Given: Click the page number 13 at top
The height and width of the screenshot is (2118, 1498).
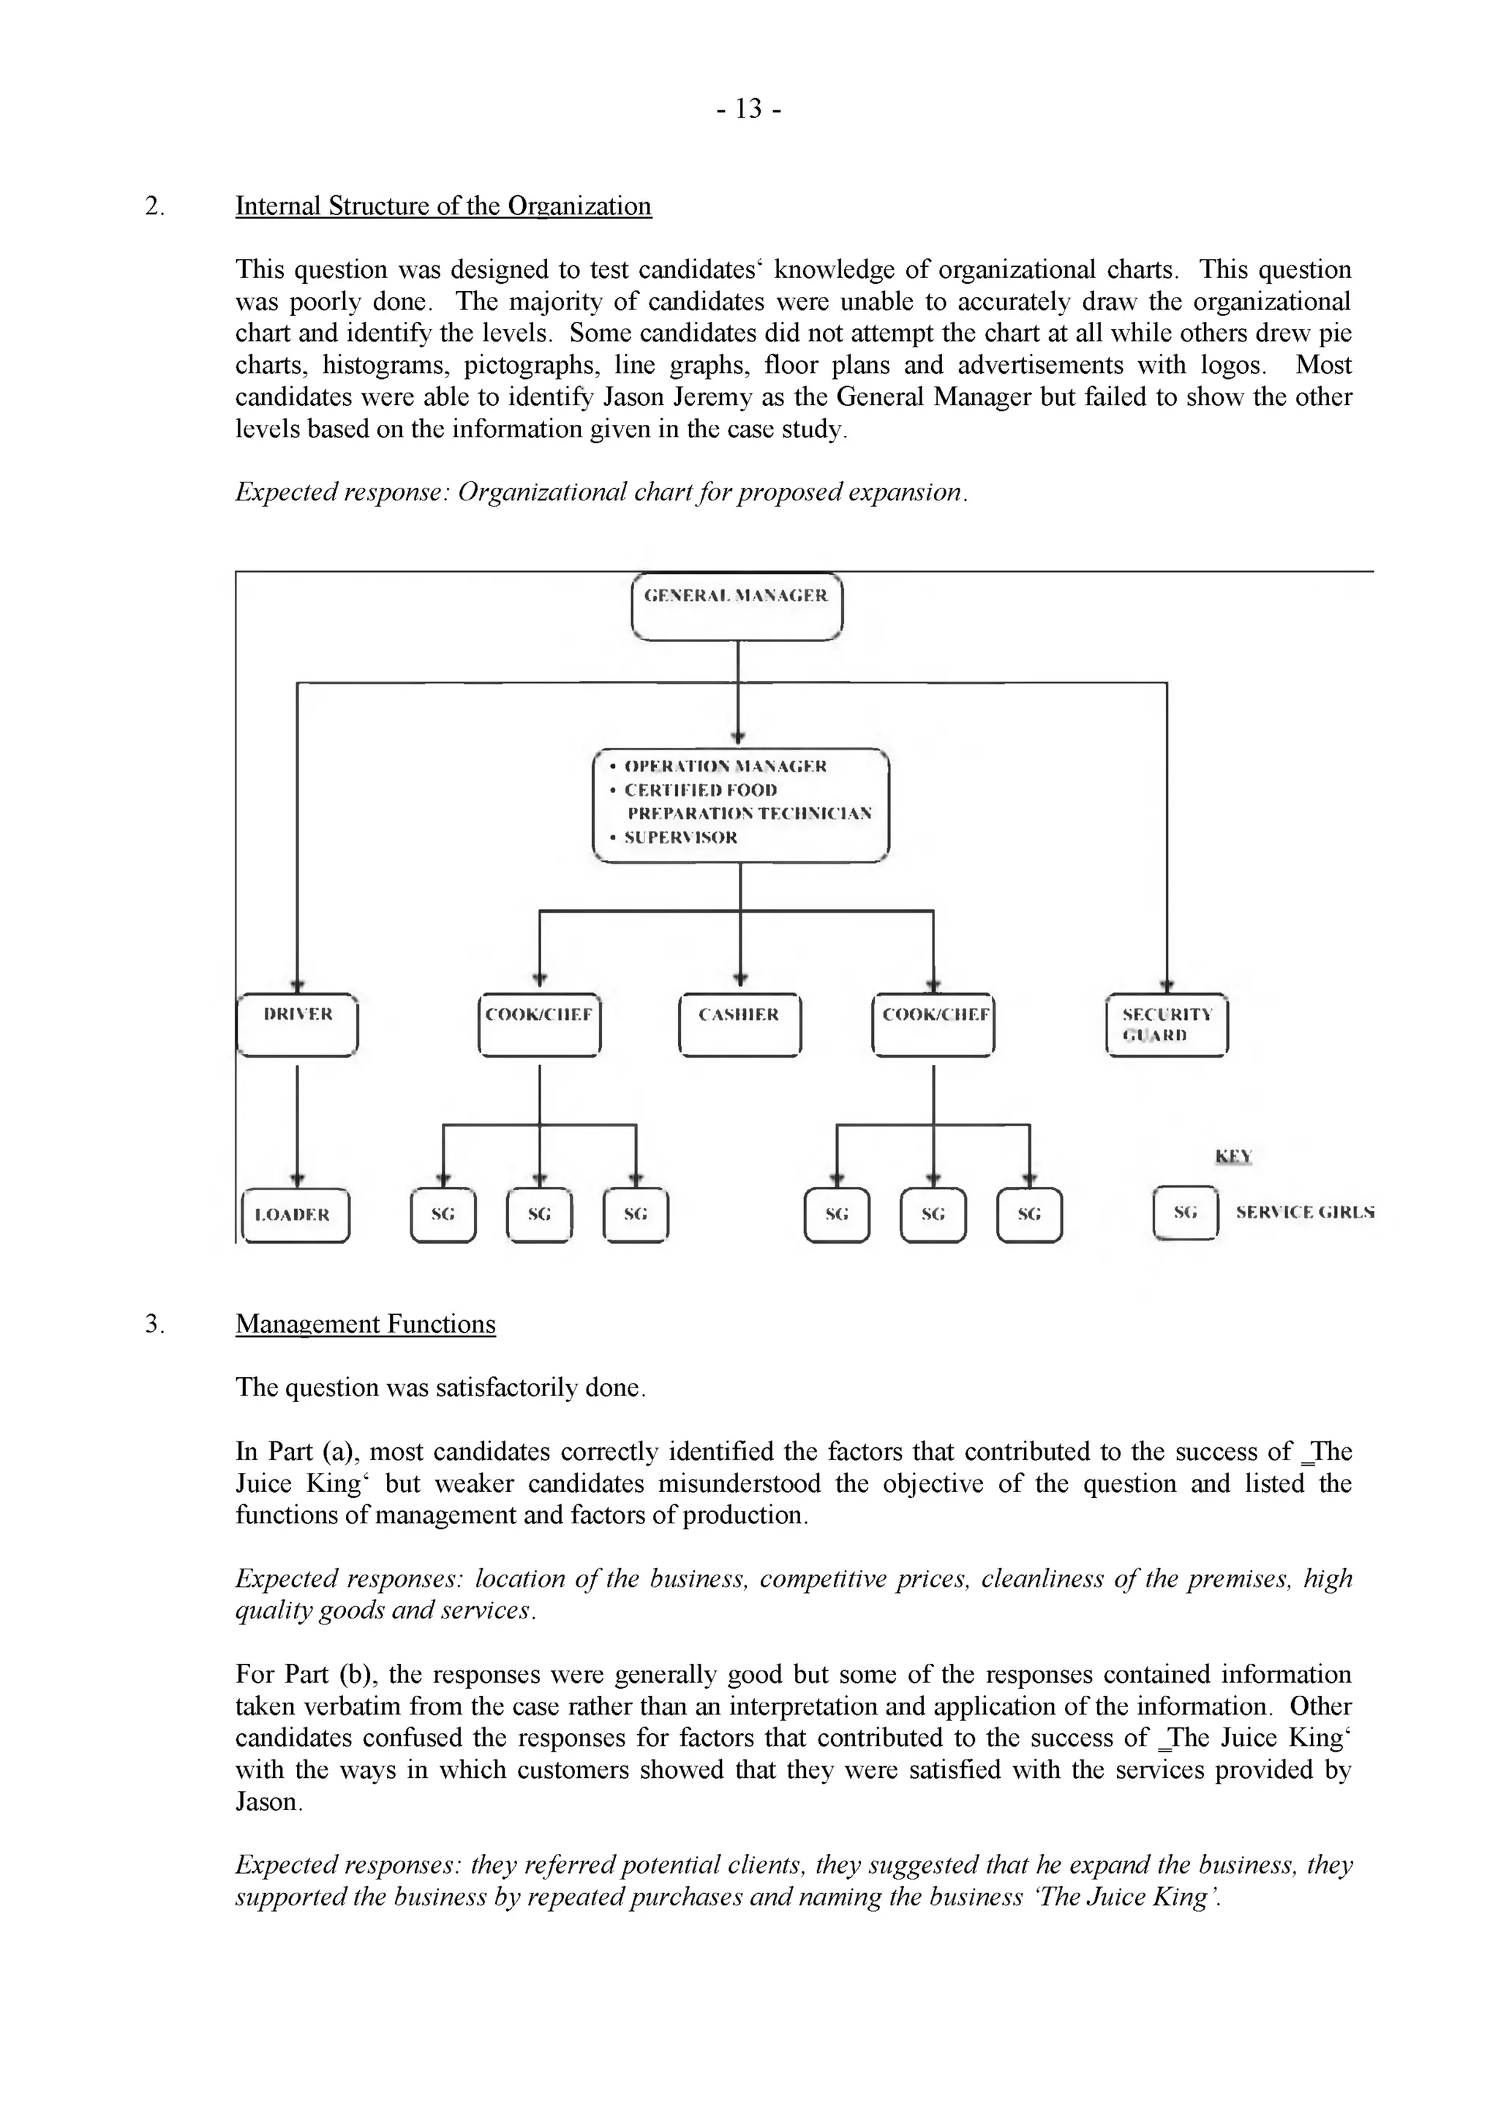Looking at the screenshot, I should click(749, 110).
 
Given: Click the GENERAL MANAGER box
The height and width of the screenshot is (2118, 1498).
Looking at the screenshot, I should click(737, 606).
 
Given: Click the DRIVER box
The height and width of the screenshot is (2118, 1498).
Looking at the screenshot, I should click(297, 1024).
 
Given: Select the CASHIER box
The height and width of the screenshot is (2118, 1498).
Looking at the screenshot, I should click(739, 1024).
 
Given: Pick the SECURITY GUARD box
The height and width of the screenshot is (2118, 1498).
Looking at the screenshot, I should click(1167, 1024).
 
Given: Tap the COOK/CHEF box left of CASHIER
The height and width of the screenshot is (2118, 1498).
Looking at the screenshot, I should click(540, 1024).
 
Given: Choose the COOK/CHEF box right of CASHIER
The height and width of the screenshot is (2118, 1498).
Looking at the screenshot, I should click(933, 1024).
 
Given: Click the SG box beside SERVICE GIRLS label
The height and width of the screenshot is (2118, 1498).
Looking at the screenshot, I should click(1185, 1212).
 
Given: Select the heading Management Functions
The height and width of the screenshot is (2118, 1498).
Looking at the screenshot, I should click(365, 1324).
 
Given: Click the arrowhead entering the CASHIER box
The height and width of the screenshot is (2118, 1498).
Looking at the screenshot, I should click(739, 979).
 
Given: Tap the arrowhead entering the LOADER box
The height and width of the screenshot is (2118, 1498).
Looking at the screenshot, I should click(297, 1179).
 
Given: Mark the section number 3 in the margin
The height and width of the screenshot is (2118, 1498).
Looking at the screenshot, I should click(154, 1324).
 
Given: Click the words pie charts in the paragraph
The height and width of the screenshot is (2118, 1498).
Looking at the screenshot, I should click(1301, 334).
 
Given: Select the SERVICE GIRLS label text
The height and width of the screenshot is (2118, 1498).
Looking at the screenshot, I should click(1304, 1212).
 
